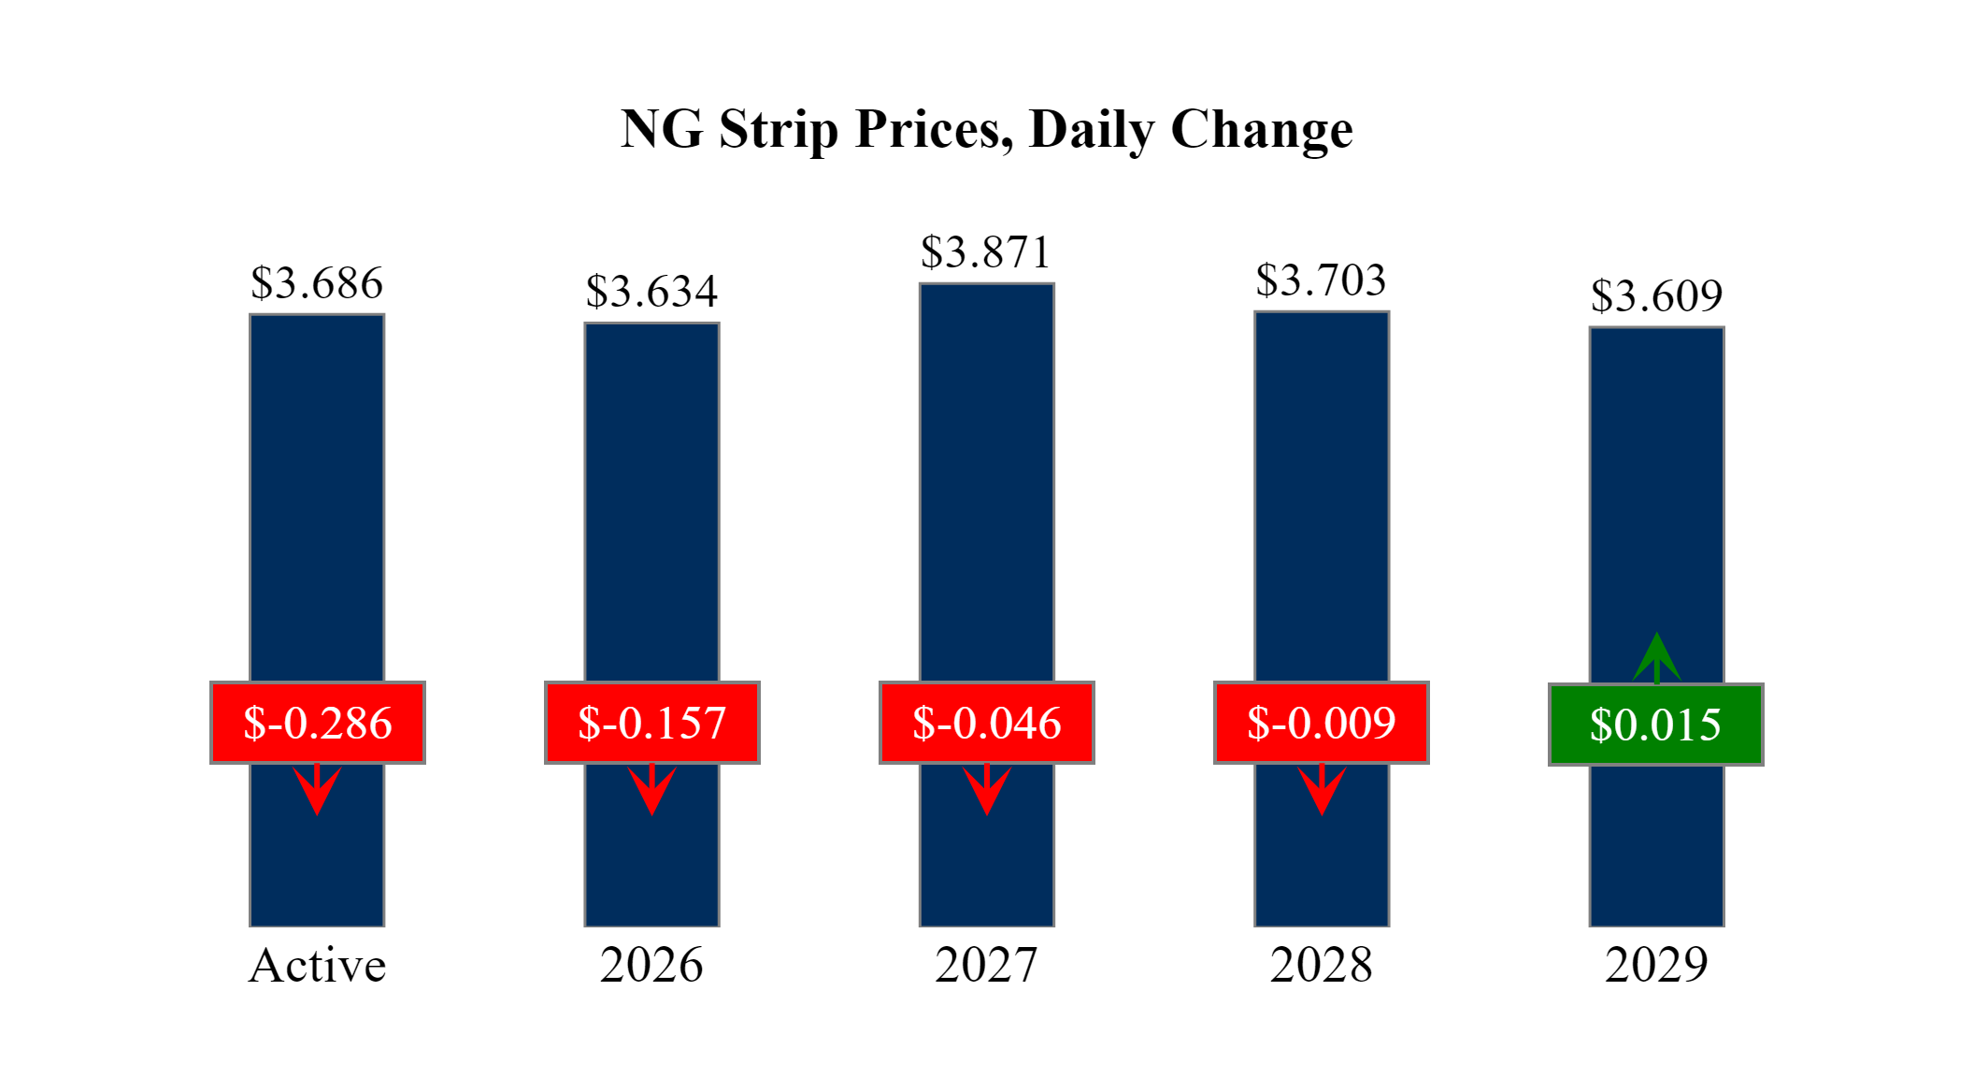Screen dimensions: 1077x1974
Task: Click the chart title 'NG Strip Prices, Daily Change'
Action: [x=986, y=129]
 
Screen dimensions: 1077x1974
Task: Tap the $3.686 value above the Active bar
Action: [x=317, y=283]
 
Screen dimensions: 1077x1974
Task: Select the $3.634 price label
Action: [x=651, y=292]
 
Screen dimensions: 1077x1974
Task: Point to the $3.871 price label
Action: [x=986, y=252]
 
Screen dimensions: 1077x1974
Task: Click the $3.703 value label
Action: [x=1321, y=280]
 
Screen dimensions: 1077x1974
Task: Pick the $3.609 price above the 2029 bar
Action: [x=1656, y=296]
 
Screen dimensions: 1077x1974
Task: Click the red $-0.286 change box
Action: [x=318, y=723]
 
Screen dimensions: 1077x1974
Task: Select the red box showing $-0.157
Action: [x=652, y=723]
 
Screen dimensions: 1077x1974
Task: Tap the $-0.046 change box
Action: [x=987, y=723]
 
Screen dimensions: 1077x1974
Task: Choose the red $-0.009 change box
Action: [x=1322, y=723]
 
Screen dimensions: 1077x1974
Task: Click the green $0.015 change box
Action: [x=1656, y=725]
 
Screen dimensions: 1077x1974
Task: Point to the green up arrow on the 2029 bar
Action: [x=1656, y=658]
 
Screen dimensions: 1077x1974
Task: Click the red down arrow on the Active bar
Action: [x=317, y=789]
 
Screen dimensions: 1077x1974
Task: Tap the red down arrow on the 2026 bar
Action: [x=651, y=789]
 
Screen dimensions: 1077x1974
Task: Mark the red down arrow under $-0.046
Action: [x=986, y=789]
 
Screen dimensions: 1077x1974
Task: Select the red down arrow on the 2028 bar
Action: [x=1322, y=789]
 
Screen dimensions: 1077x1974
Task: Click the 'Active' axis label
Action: [x=317, y=965]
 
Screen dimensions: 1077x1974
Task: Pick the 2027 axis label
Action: [x=986, y=965]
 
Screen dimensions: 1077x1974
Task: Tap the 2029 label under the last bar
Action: [x=1656, y=965]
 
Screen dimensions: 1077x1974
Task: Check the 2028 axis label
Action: [x=1321, y=965]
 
